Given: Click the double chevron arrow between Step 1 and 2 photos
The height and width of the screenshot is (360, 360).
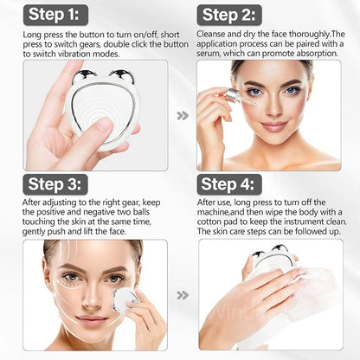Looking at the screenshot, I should pyautogui.click(x=182, y=114).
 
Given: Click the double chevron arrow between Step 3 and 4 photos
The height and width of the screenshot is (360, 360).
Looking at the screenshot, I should pyautogui.click(x=182, y=294).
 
